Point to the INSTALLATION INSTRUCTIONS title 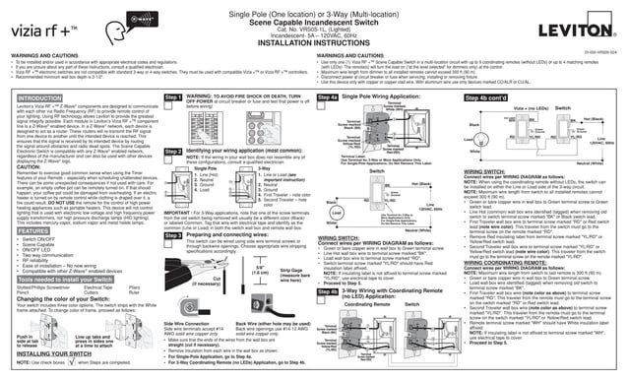pos(315,45)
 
